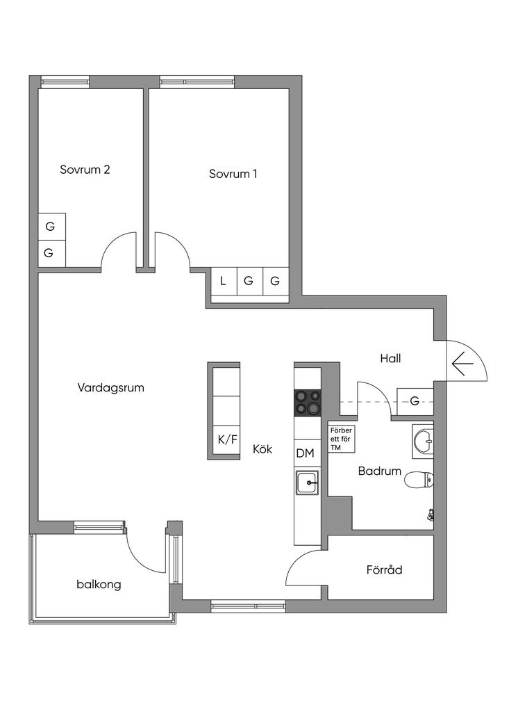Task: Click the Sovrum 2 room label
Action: point(85,169)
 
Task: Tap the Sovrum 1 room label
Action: point(233,173)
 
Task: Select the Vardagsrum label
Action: point(111,388)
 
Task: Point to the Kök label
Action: point(262,449)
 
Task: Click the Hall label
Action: point(391,359)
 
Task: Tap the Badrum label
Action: point(380,471)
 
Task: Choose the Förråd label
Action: point(385,570)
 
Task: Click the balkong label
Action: point(99,584)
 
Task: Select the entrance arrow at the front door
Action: point(462,364)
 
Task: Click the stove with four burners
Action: point(308,401)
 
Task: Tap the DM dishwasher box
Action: point(306,453)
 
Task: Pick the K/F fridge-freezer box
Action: point(224,439)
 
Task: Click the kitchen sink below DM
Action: point(306,481)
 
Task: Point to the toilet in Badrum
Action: point(419,479)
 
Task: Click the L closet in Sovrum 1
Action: point(223,282)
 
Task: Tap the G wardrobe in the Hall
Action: point(415,400)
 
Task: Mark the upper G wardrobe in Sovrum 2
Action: point(50,226)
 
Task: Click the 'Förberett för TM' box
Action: point(341,438)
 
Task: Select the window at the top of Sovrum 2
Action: point(65,81)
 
